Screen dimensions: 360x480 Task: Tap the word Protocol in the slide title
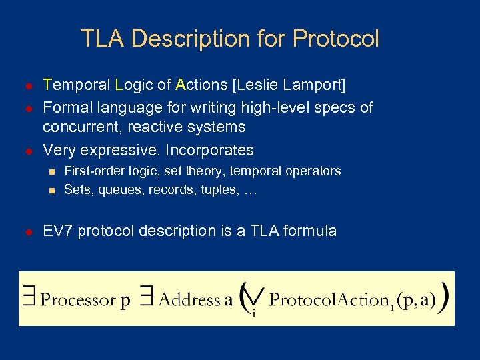335,39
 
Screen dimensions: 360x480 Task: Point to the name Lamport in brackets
312,85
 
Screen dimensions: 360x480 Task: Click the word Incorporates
209,150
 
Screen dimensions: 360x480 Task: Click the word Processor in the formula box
78,300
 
